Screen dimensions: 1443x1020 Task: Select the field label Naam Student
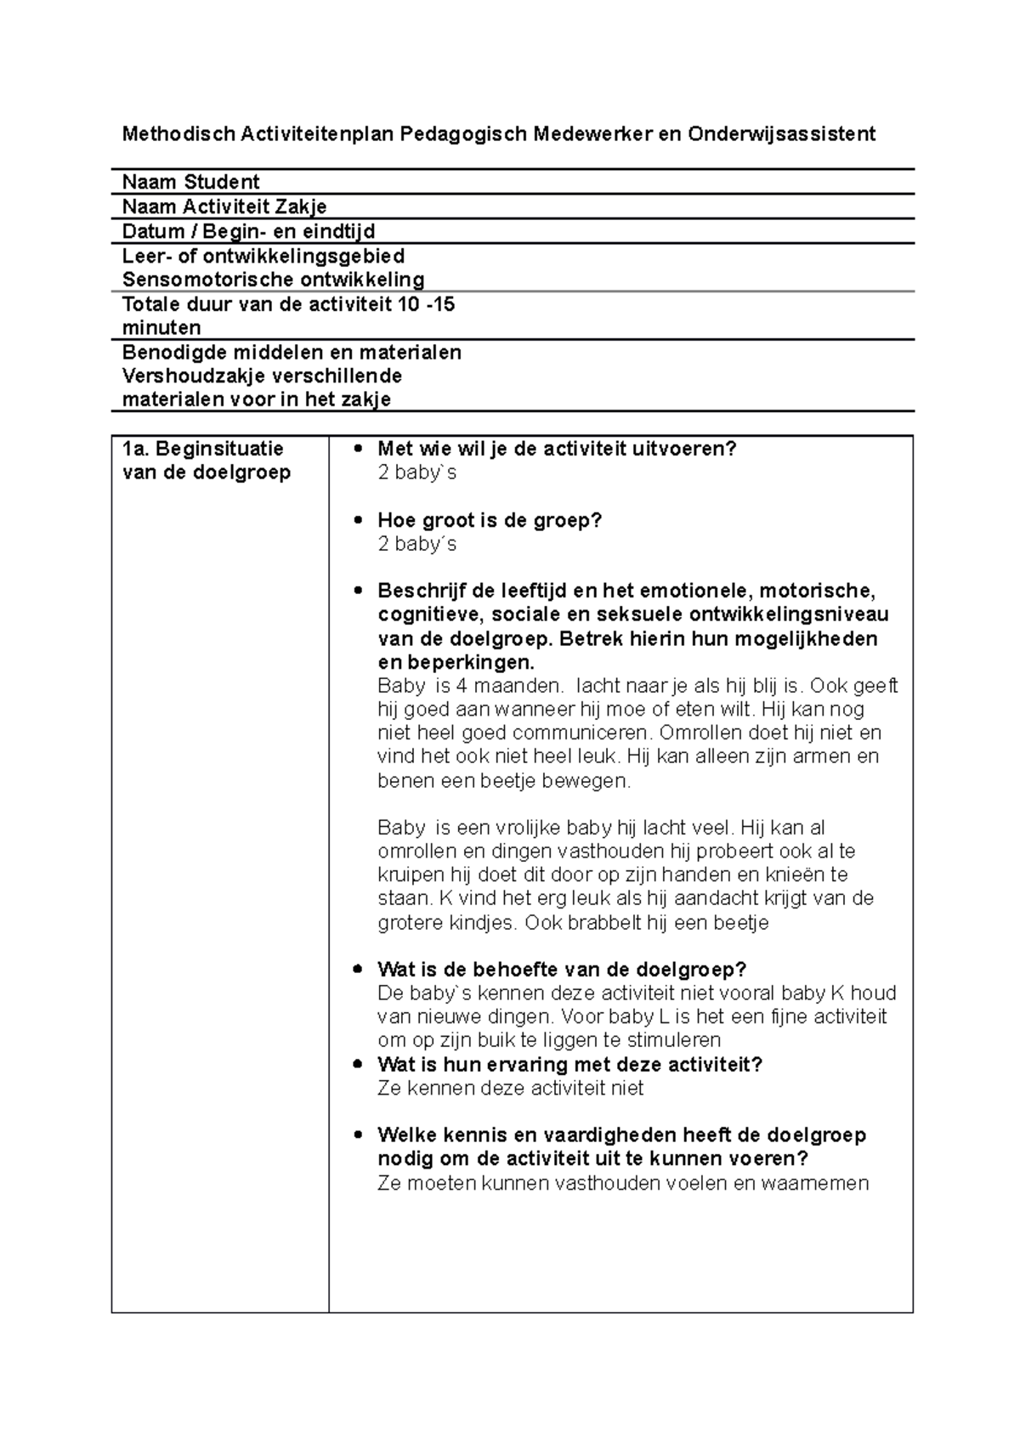click(x=190, y=182)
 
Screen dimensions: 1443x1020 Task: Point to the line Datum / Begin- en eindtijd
click(x=248, y=231)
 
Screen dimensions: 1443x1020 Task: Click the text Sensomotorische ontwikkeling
click(x=273, y=280)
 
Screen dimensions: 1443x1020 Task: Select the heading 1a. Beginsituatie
click(x=202, y=449)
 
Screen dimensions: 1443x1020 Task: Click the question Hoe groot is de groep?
click(x=489, y=520)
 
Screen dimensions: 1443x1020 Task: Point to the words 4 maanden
click(x=516, y=686)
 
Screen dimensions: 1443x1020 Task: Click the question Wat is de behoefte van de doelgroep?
click(x=561, y=970)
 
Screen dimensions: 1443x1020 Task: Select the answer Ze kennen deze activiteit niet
click(x=510, y=1088)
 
